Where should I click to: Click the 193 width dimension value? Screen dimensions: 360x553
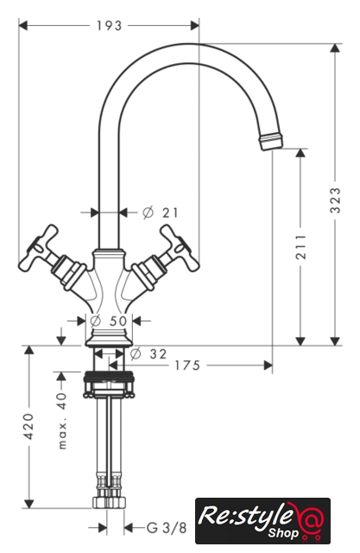(109, 26)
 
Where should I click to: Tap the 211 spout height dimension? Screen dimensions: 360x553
(300, 247)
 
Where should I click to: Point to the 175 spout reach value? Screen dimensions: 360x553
(187, 365)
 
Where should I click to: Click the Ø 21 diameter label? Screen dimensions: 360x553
(161, 213)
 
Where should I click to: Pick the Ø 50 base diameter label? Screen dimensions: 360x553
(109, 321)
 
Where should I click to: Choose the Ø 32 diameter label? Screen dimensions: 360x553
(148, 353)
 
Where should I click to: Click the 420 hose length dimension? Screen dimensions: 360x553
(28, 426)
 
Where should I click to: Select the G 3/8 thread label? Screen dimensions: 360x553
(167, 528)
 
